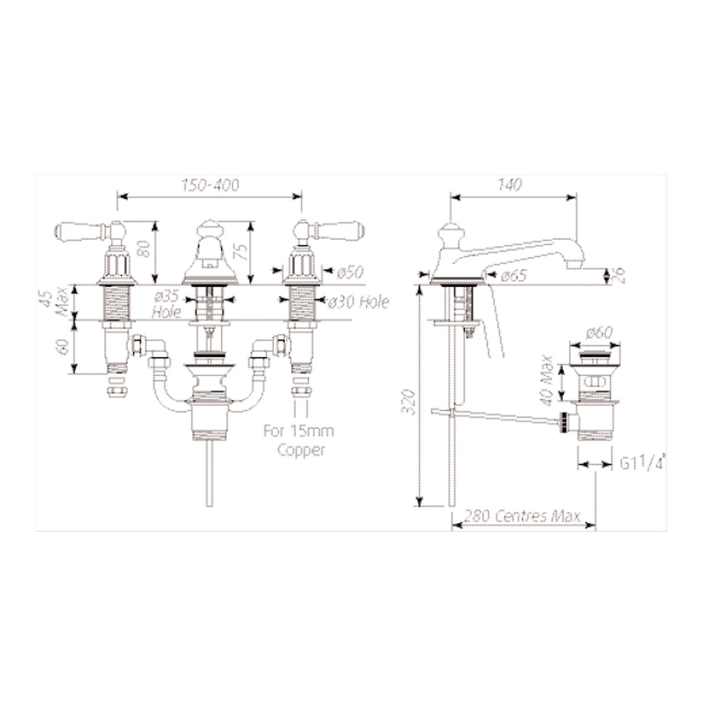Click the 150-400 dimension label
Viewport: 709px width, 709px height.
tap(210, 185)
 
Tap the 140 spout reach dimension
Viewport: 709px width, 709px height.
tap(509, 185)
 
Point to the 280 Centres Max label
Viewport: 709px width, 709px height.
tap(522, 516)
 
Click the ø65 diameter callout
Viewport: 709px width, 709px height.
tap(514, 275)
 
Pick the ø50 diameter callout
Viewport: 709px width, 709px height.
tap(350, 272)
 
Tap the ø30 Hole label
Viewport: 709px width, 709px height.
tap(358, 302)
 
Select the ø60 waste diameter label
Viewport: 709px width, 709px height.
tap(599, 333)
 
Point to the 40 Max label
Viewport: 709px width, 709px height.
tap(547, 380)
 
